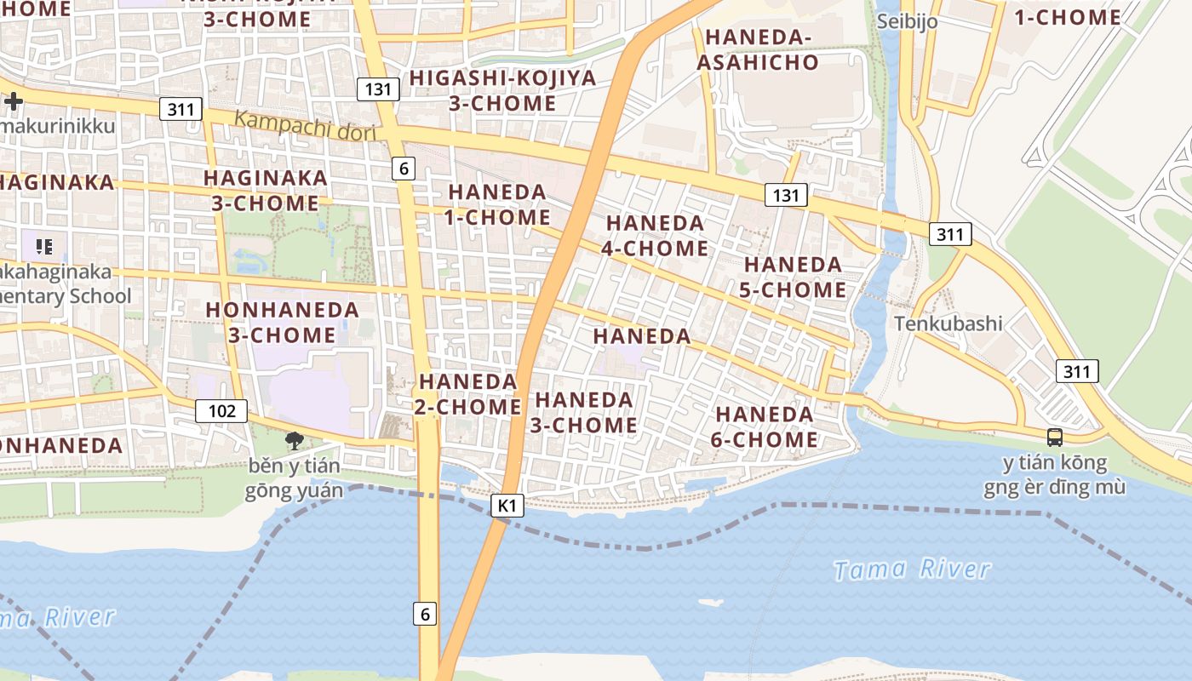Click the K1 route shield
point(507,506)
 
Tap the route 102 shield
point(221,411)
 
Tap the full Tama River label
point(912,569)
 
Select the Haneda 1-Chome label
point(498,204)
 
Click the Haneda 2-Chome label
point(468,393)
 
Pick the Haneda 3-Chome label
point(584,412)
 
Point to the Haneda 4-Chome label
point(656,235)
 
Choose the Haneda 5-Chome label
point(794,277)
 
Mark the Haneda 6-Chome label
point(765,426)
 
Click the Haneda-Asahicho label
point(757,49)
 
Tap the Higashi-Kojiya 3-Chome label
point(502,90)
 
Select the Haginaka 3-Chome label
point(265,190)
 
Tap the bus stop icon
point(1054,438)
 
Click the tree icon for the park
point(295,440)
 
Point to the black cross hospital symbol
point(14,101)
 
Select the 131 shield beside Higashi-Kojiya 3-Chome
point(378,89)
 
